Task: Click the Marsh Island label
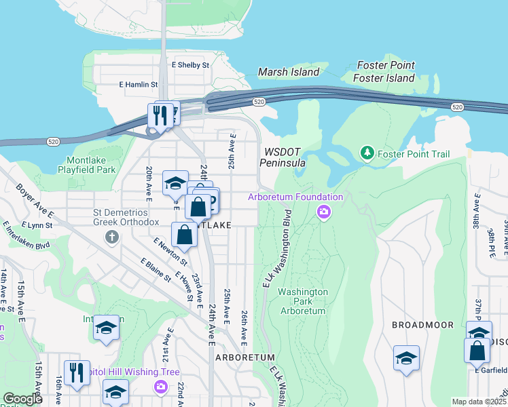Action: [x=289, y=72]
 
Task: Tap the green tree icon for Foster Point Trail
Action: [x=367, y=154]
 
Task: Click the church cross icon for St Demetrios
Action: [x=112, y=237]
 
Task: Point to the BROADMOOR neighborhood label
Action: [x=422, y=325]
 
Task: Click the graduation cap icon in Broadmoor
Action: [x=406, y=357]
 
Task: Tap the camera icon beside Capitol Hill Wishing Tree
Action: [x=161, y=387]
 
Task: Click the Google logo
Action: [x=22, y=400]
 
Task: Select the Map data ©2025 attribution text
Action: [x=479, y=402]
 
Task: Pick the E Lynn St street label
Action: [x=37, y=224]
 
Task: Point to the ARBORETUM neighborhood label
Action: [x=245, y=357]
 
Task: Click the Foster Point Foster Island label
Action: [x=384, y=73]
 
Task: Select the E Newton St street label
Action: [x=170, y=251]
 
